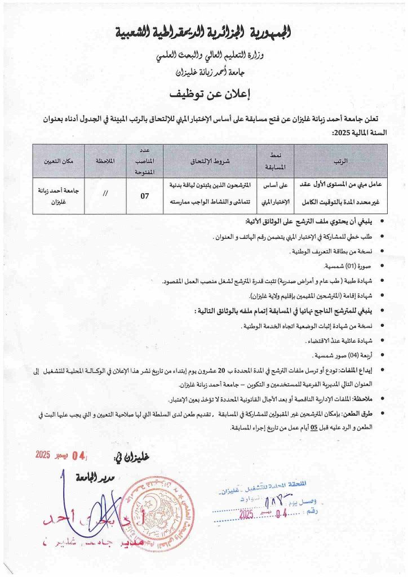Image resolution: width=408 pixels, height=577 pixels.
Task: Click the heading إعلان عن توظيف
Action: (203, 93)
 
